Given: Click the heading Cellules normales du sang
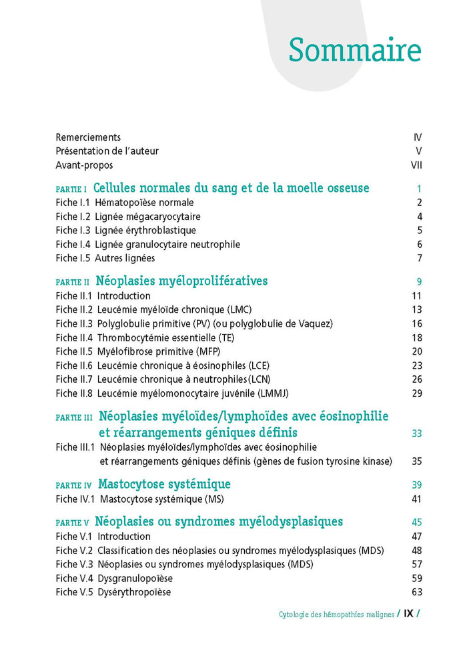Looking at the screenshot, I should tap(231, 188).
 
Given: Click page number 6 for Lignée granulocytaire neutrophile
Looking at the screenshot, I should tap(420, 244).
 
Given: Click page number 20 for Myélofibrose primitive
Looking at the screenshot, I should tap(417, 351).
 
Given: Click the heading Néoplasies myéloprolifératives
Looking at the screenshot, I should tap(181, 281).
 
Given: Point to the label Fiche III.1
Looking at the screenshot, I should tap(75, 447).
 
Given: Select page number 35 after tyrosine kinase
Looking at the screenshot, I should tap(417, 461).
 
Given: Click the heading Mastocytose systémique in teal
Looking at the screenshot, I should tap(164, 484).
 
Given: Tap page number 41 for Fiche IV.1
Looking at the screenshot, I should tap(417, 498).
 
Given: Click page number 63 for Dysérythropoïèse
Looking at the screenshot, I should tap(417, 592).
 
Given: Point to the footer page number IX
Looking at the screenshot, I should tap(409, 614).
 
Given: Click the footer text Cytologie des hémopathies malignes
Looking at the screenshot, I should tap(336, 614).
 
